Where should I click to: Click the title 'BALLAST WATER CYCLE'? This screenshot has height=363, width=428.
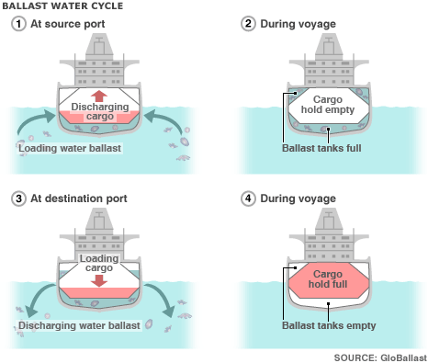coord(58,6)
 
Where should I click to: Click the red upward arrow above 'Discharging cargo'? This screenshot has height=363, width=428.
coord(99,96)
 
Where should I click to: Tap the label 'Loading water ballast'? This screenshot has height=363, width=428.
coord(73,146)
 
